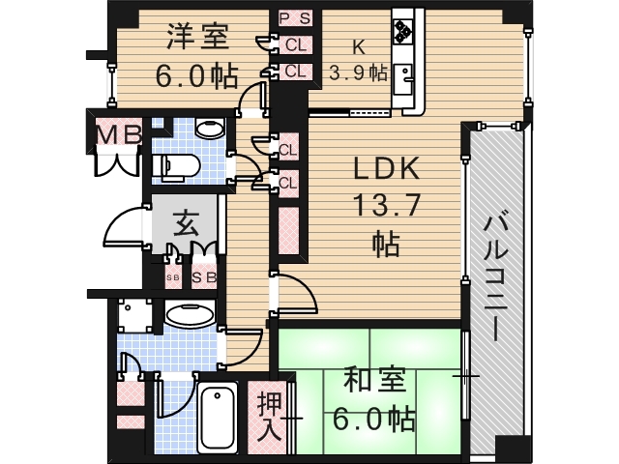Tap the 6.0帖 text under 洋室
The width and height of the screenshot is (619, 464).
click(x=196, y=75)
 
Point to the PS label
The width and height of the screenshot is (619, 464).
click(x=295, y=18)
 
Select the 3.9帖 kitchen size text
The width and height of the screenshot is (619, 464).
click(x=358, y=72)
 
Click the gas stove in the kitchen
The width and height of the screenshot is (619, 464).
click(x=402, y=32)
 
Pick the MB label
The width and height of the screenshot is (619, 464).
click(x=117, y=135)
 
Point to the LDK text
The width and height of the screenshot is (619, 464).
click(x=384, y=171)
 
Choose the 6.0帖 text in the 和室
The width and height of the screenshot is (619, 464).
click(x=374, y=420)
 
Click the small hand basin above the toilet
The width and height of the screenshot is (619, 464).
click(x=206, y=128)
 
